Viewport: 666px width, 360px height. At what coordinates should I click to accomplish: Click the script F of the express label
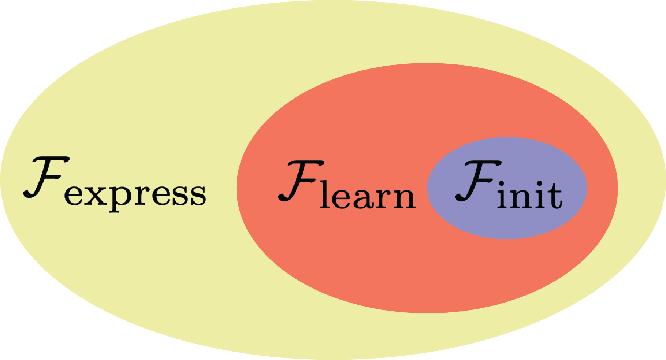[x=46, y=178]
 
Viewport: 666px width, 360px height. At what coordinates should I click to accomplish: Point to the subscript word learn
[x=368, y=196]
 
